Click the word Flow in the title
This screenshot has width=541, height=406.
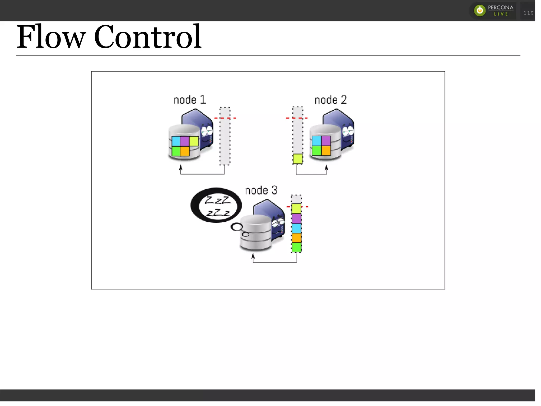(51, 37)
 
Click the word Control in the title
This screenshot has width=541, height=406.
(148, 37)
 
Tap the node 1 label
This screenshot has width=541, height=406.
(189, 100)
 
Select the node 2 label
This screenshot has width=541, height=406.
(330, 100)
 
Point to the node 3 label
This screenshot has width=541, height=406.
(261, 190)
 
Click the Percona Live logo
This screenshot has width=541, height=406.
(493, 11)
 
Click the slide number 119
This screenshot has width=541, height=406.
(528, 13)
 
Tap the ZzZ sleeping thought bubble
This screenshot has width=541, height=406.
(216, 205)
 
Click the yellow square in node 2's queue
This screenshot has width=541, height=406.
(298, 159)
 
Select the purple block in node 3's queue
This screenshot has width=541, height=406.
(296, 218)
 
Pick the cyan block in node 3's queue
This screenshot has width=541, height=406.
(296, 228)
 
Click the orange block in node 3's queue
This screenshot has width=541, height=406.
(296, 238)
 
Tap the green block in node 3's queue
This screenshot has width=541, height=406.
(296, 247)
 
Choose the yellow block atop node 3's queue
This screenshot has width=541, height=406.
(296, 208)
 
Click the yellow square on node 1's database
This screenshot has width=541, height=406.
(194, 141)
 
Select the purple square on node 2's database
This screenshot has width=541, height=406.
(326, 141)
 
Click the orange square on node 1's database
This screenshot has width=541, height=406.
(185, 151)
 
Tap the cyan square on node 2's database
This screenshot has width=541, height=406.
(316, 141)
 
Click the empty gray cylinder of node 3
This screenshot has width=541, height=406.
(256, 232)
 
